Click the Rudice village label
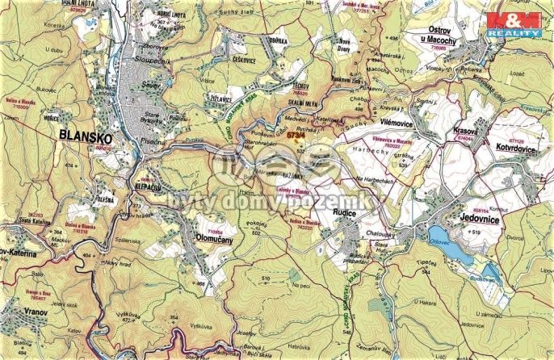click(x=350, y=214)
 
